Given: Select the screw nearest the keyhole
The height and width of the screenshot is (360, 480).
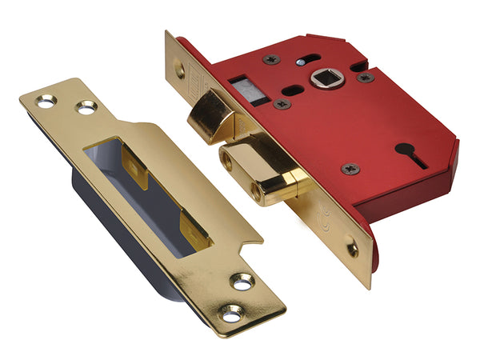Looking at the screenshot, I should point(350,168).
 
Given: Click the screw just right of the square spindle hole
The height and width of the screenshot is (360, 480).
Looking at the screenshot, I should point(366,78).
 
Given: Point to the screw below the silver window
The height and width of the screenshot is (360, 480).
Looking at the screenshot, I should point(282,104).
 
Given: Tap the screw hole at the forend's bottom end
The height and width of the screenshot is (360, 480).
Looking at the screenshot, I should point(351,248).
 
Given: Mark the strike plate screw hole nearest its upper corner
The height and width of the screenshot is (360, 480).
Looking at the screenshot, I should point(46,101).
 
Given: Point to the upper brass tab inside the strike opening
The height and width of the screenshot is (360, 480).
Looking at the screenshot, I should point(138,171).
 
